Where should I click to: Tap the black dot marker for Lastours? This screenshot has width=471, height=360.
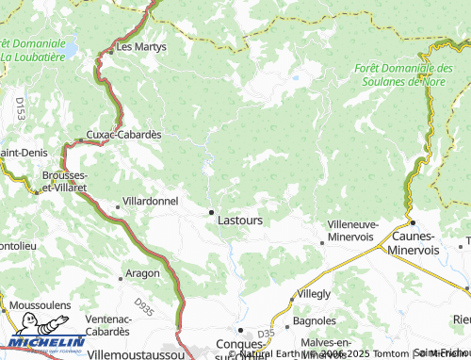(211, 212)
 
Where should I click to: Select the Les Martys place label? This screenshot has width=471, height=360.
(140, 46)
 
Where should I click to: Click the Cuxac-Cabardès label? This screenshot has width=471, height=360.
(124, 134)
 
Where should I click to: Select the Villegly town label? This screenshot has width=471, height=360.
(314, 294)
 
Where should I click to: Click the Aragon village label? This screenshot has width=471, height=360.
(144, 274)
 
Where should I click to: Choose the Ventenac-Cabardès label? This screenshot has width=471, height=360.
(107, 326)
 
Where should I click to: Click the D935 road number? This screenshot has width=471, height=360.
(143, 305)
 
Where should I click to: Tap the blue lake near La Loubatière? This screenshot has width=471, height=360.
(69, 46)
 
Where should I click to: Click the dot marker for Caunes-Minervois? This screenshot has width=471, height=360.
(412, 222)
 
